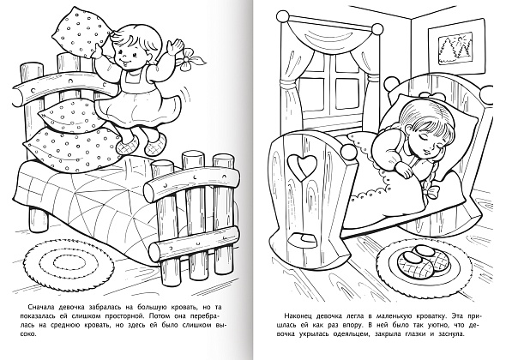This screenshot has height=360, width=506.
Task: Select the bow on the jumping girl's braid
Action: (192, 59)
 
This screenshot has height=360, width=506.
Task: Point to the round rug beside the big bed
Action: (69, 263)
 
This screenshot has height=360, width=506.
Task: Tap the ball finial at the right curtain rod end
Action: (376, 27)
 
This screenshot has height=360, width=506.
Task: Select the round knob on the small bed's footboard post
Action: (346, 149)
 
